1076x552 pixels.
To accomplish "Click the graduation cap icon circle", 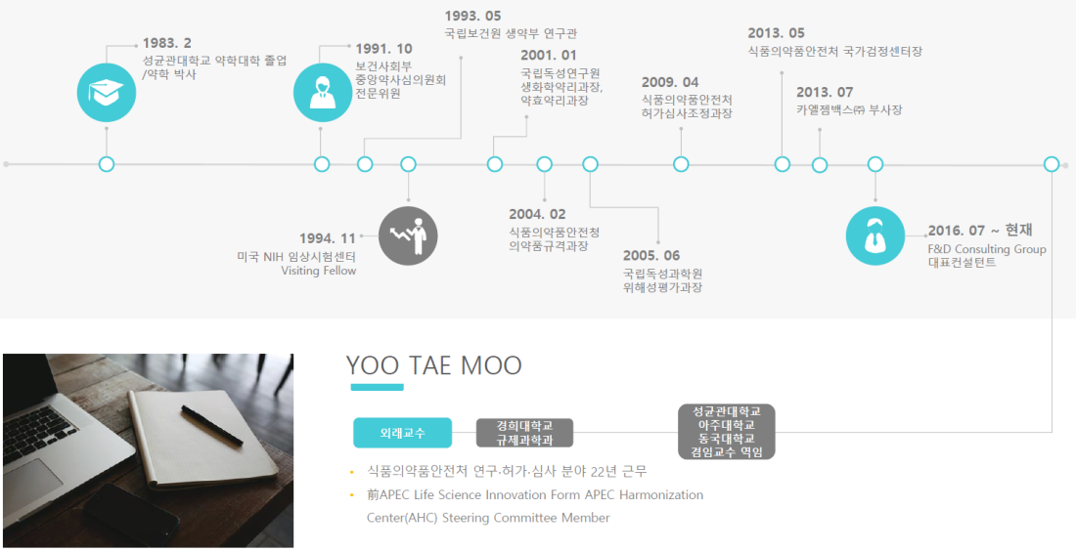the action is [107, 93].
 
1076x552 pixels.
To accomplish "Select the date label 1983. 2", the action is [166, 44].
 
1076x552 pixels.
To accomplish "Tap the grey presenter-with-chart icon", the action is [408, 235].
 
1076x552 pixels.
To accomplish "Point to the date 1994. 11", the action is [328, 238].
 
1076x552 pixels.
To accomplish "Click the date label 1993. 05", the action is [472, 16].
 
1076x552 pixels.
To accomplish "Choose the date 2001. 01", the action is [549, 55].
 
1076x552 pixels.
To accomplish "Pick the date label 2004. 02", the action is [537, 215].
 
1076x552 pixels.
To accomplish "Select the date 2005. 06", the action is [651, 256].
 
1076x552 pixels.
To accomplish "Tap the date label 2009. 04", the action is [670, 82].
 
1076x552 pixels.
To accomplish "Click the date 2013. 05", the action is [776, 33].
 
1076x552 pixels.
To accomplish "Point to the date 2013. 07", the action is [825, 92].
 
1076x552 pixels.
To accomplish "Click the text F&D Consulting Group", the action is [987, 249].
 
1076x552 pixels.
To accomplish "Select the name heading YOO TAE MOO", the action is [433, 365].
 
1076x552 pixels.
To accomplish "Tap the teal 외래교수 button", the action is [403, 433].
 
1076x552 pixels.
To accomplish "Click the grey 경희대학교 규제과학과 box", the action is [525, 433].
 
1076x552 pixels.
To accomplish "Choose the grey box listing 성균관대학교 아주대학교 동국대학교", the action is [726, 431].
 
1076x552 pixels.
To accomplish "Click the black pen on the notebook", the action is [212, 426].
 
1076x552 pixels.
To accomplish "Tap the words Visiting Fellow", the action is [319, 271].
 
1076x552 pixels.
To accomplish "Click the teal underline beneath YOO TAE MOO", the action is [377, 388].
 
